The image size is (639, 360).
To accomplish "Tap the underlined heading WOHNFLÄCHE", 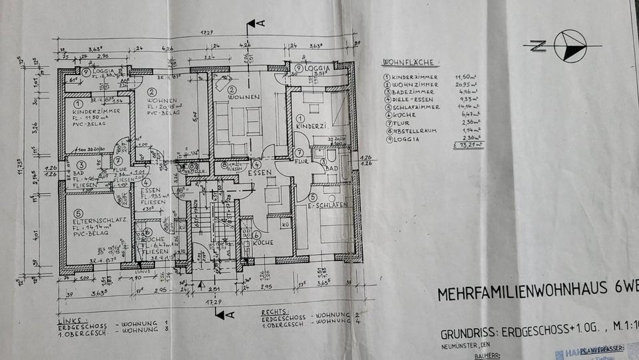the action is click(x=409, y=63).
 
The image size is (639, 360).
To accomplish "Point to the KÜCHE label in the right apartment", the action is click(x=265, y=243).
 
